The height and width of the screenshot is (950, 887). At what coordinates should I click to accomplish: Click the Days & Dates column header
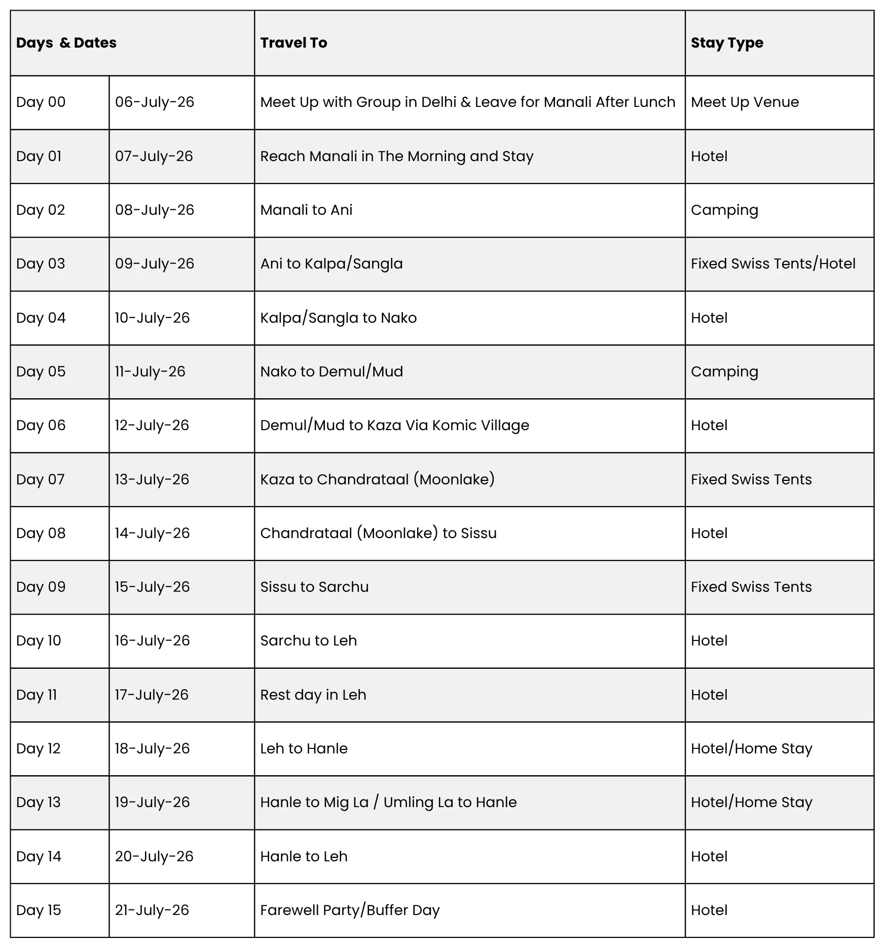66,43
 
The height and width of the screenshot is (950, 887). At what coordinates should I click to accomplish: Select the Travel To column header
293,43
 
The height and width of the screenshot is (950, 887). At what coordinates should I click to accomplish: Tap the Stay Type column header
727,43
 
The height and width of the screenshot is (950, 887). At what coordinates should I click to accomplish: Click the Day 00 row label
41,102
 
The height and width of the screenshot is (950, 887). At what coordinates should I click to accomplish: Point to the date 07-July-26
154,156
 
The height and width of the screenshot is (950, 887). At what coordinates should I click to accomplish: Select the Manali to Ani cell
306,210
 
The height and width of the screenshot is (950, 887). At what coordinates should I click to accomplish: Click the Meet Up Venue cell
745,102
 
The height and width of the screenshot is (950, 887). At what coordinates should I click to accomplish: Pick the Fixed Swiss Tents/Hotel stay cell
773,264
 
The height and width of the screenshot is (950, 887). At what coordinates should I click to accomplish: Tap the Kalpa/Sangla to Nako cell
339,318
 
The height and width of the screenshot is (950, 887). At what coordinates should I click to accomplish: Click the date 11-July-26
150,372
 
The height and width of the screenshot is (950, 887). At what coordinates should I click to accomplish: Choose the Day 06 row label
41,426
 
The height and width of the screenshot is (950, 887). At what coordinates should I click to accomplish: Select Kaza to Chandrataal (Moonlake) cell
377,479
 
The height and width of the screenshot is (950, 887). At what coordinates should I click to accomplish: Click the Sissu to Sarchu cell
314,587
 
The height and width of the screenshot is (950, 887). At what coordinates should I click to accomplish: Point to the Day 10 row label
39,641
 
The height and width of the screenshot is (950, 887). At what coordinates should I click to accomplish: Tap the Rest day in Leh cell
313,695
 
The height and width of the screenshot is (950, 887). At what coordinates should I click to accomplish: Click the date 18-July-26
152,749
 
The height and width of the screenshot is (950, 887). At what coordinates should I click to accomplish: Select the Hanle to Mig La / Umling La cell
388,803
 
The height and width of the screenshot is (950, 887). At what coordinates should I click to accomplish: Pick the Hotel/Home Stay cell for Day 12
751,749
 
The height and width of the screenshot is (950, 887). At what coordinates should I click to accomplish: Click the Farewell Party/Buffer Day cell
350,910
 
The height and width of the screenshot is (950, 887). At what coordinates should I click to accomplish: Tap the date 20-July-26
154,857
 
